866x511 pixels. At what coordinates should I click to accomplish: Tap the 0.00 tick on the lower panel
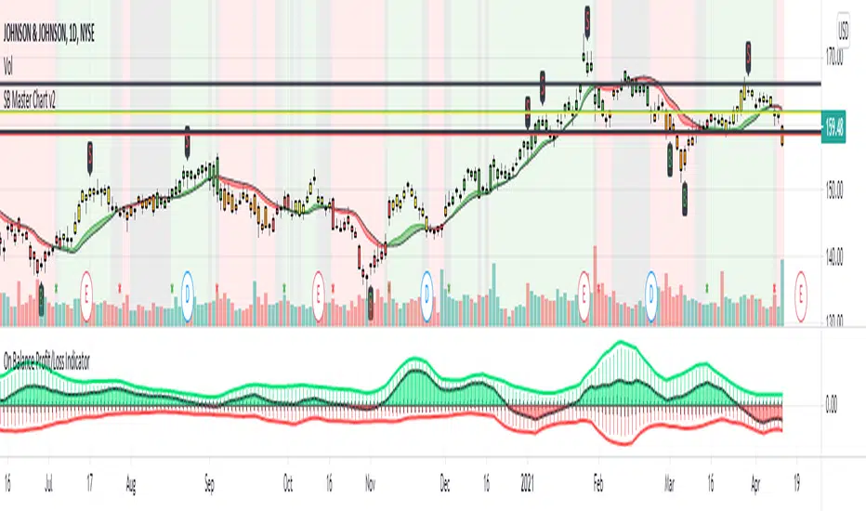(832, 403)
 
